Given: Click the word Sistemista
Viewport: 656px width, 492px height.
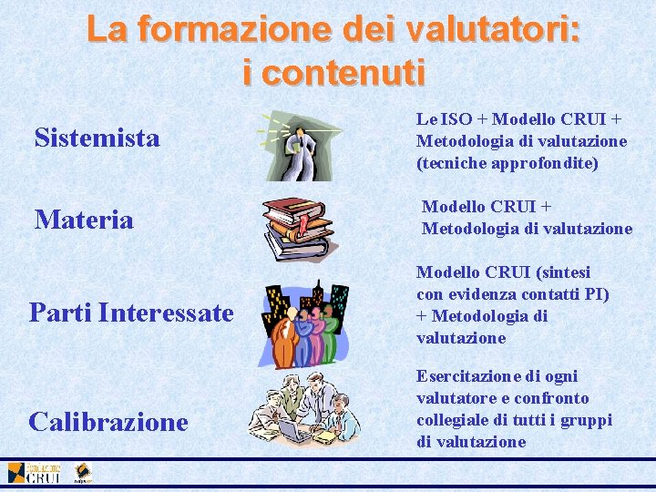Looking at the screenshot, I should click(x=97, y=138).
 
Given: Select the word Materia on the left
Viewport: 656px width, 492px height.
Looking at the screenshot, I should click(x=84, y=220).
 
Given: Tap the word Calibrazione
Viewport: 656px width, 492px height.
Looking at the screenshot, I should click(x=108, y=422).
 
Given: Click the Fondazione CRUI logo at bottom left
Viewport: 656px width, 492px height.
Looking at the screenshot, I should click(x=35, y=473).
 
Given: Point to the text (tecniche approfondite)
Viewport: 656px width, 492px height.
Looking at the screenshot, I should click(x=507, y=163).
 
